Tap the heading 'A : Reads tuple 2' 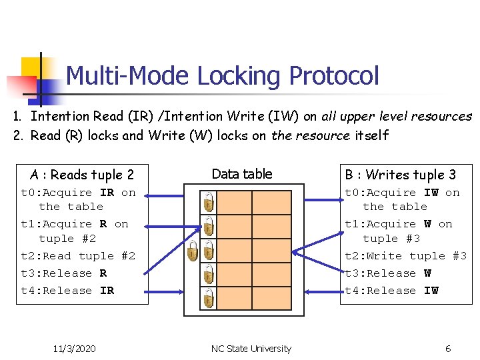[x=82, y=175]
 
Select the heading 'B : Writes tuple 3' [x=400, y=175]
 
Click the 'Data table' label [x=241, y=174]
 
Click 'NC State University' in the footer [x=251, y=349]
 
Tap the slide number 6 [x=448, y=349]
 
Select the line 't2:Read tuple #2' [x=78, y=256]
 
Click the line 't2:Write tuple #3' [x=405, y=256]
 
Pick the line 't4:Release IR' [x=67, y=291]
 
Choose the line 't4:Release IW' [x=391, y=291]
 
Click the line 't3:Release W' [x=387, y=273]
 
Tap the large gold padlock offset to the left [x=193, y=251]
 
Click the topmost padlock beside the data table [x=209, y=201]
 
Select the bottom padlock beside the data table [x=209, y=298]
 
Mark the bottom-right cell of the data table [x=270, y=298]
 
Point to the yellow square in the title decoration [x=32, y=68]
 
